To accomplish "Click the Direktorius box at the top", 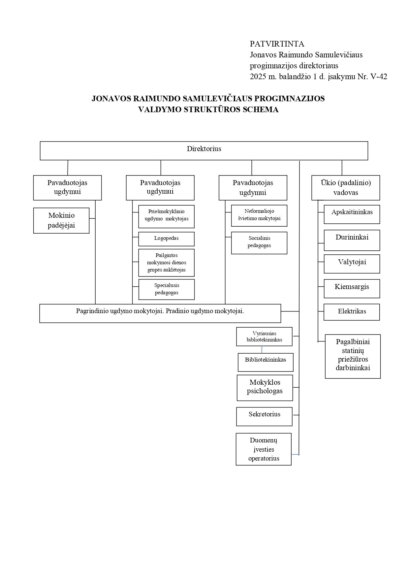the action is click(x=204, y=151).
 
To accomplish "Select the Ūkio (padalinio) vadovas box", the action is click(x=346, y=188).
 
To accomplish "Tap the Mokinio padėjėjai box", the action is click(x=61, y=220).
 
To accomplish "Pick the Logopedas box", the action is click(x=166, y=239).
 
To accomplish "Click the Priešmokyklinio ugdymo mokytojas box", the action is click(x=166, y=216).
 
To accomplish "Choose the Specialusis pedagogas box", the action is click(x=167, y=289).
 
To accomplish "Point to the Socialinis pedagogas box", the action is click(x=259, y=243).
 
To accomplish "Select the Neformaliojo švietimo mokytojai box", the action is click(x=259, y=215).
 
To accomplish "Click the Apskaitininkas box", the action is click(x=352, y=214).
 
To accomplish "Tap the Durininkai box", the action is click(x=352, y=240).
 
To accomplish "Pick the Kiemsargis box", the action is click(x=352, y=289).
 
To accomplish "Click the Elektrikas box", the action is click(x=352, y=312).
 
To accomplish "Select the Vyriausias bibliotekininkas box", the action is click(x=264, y=337).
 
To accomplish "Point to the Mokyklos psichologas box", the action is click(x=265, y=388).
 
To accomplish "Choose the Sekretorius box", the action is click(x=264, y=416).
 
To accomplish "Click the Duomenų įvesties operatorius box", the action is click(x=264, y=449).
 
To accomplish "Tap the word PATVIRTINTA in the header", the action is click(x=277, y=44).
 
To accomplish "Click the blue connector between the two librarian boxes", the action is click(x=262, y=350).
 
